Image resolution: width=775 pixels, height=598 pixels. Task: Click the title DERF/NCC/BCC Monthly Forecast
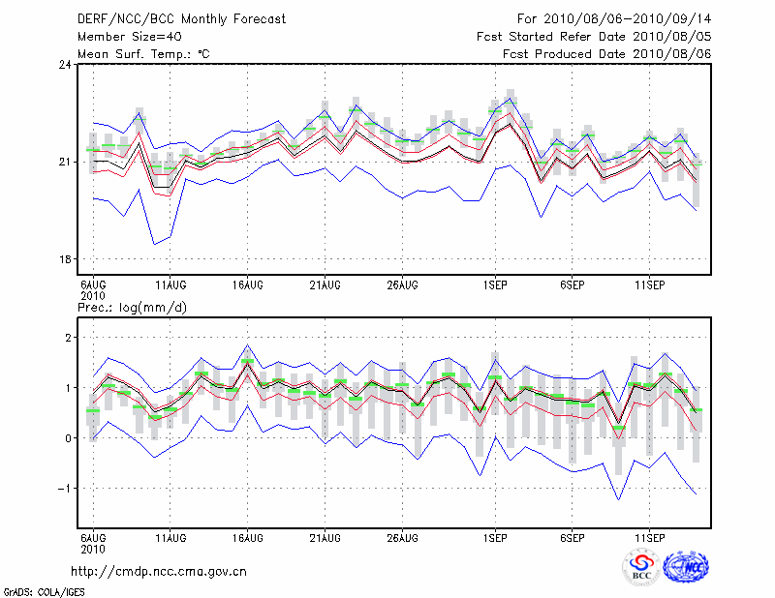(x=181, y=19)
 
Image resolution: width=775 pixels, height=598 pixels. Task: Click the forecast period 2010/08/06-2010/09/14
(x=613, y=19)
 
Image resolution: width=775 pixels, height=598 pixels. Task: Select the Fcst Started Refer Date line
(x=594, y=37)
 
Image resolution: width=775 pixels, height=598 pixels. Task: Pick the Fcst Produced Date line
(x=606, y=54)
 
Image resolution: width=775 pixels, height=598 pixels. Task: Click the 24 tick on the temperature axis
(x=65, y=65)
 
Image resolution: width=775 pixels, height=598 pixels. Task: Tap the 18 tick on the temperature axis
(x=65, y=259)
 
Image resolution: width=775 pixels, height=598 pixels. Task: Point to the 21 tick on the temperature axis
(x=65, y=162)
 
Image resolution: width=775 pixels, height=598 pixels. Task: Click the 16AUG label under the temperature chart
(x=248, y=284)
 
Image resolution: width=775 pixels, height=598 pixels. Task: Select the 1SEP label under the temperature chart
(x=495, y=284)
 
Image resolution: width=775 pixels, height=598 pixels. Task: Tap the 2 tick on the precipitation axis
(x=69, y=338)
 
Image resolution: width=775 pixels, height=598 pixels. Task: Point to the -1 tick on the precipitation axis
(x=66, y=489)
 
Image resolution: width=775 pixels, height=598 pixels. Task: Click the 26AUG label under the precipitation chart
(x=402, y=536)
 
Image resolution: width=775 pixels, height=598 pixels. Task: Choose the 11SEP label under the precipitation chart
(x=648, y=536)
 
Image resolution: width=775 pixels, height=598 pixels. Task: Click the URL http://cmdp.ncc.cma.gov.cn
(x=162, y=571)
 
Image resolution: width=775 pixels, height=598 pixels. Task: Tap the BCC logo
(x=640, y=567)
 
